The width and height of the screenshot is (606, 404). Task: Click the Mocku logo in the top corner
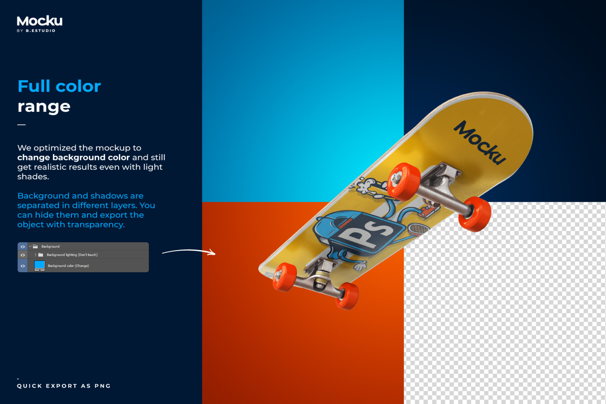(39, 21)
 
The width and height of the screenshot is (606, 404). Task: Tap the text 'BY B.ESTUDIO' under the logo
(36, 31)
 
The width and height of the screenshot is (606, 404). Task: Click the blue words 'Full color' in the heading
(59, 86)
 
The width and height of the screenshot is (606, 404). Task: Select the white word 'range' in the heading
(44, 106)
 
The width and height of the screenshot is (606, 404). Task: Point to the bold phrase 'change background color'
(73, 158)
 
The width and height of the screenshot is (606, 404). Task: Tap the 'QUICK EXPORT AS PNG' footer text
(64, 386)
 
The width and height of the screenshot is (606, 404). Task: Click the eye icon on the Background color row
(23, 266)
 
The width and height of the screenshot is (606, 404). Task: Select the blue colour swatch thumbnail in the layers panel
(39, 265)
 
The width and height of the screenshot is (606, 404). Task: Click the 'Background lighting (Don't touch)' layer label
(72, 255)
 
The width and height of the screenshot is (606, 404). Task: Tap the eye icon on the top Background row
(23, 246)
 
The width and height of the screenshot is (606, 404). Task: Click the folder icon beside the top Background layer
(35, 246)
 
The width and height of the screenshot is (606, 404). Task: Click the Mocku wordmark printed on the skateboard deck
(479, 143)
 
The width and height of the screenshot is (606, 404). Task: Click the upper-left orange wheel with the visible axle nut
(403, 181)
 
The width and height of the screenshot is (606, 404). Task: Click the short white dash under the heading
(21, 125)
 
